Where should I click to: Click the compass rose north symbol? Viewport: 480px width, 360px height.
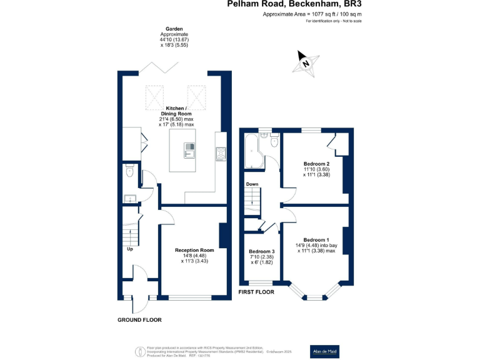(x=304, y=62)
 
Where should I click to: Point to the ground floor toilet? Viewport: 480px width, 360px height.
(x=129, y=171)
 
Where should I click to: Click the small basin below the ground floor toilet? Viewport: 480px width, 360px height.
(x=129, y=199)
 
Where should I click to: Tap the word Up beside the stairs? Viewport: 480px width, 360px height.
(x=130, y=249)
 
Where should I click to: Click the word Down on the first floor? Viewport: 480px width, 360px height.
(x=252, y=184)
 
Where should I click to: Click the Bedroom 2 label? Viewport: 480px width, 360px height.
(x=316, y=169)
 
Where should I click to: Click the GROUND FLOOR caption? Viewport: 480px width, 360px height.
(x=139, y=320)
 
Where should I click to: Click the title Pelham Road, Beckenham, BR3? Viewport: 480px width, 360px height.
(x=294, y=4)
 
